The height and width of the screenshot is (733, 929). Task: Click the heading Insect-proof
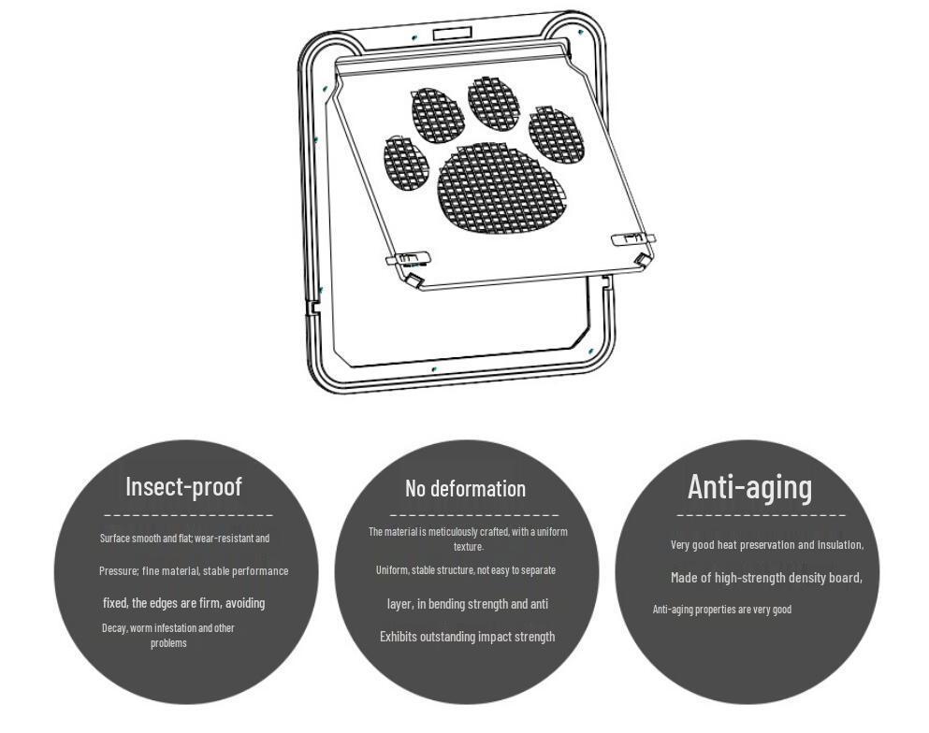pos(183,487)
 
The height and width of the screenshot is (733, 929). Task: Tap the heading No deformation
pos(466,489)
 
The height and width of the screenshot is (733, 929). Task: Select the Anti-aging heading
pos(750,488)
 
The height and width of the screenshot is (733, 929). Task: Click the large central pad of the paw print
pos(501,188)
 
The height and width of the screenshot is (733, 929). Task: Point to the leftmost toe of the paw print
pos(405,164)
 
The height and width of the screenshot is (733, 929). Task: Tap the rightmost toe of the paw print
pos(557,135)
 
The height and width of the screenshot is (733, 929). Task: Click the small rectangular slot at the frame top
pos(452,33)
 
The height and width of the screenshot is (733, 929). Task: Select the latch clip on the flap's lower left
pos(408,258)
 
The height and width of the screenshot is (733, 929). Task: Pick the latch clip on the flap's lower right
pos(632,238)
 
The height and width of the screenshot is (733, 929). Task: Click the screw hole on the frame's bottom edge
pos(434,369)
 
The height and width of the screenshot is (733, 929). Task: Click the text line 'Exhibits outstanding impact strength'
pos(468,637)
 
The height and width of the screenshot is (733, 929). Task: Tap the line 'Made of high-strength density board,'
pos(766,578)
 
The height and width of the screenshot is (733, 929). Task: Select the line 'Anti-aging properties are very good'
pos(722,610)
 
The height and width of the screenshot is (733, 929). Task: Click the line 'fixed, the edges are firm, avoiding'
pos(184,603)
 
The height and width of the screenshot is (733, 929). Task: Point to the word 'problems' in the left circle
pos(168,643)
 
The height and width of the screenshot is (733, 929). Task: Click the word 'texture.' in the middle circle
pos(469,547)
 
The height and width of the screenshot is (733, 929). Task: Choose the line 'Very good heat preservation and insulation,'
pos(767,545)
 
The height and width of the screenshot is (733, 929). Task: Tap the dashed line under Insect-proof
pos(188,515)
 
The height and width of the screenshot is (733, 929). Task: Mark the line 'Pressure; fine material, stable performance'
pos(194,571)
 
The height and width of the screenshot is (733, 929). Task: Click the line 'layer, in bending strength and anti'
pos(468,604)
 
